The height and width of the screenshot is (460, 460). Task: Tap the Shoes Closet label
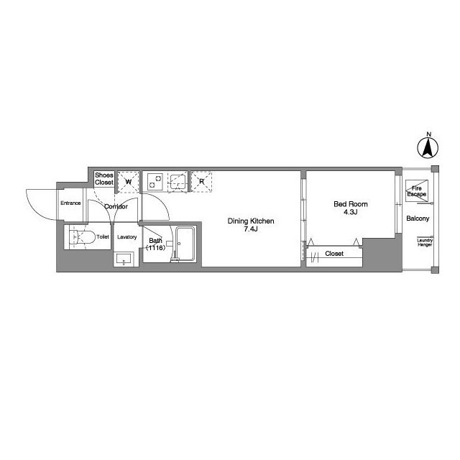(x=103, y=179)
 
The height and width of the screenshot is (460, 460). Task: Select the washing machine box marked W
(x=128, y=182)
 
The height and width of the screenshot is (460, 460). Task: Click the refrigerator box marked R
(x=202, y=182)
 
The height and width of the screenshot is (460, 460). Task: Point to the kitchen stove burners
(x=154, y=183)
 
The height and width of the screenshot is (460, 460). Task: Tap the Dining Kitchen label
(x=251, y=221)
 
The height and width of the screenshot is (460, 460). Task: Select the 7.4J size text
(x=250, y=229)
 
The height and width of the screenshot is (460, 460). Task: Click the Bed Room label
(x=350, y=204)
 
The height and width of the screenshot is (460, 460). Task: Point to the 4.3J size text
(x=350, y=213)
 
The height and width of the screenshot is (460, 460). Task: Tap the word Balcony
(x=418, y=218)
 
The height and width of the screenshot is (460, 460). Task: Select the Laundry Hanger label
(x=425, y=242)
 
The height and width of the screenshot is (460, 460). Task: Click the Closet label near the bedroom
(x=334, y=254)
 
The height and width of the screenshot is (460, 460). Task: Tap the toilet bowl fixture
(x=80, y=236)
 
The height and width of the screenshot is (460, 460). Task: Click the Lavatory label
(x=126, y=236)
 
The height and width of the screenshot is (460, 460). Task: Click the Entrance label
(x=70, y=203)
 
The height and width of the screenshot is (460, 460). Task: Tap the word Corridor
(x=116, y=206)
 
